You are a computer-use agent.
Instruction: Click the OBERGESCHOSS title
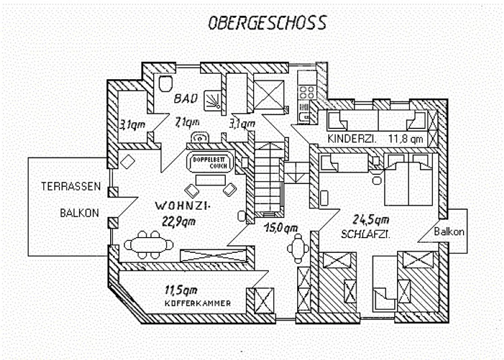[x=268, y=23]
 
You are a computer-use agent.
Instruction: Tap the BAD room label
[x=186, y=99]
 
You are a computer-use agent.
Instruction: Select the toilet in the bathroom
[x=165, y=84]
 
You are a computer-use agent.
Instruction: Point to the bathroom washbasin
[x=200, y=137]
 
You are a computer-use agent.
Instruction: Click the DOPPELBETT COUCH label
[x=210, y=163]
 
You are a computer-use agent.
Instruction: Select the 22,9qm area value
[x=178, y=221]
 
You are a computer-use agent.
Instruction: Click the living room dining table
[x=148, y=245]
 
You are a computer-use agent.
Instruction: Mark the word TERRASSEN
[x=71, y=186]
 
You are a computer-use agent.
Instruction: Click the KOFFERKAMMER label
[x=198, y=303]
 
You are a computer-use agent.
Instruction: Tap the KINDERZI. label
[x=352, y=139]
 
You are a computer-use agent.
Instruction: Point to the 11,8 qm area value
[x=406, y=139]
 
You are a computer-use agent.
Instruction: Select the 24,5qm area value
[x=371, y=220]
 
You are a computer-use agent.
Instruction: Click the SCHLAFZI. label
[x=366, y=234]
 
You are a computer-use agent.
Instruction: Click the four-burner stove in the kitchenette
[x=307, y=92]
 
